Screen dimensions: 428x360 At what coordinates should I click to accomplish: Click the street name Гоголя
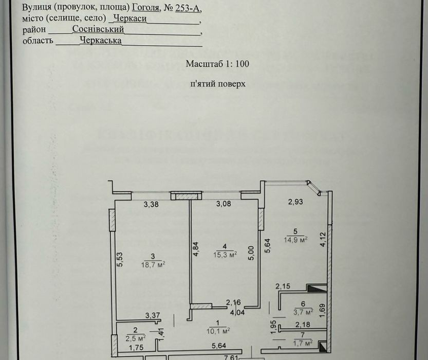tap(145, 8)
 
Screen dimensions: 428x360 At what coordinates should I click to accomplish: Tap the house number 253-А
tap(188, 8)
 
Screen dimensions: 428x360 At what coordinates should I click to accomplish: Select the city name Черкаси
tap(130, 19)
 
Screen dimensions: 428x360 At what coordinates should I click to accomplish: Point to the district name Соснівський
tap(98, 29)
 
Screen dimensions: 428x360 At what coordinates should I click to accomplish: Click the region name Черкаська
tap(101, 41)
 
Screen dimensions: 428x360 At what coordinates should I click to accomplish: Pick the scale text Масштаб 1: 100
tap(217, 64)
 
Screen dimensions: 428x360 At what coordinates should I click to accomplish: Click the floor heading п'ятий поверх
tap(218, 83)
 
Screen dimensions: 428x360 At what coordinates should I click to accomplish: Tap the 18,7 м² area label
tap(153, 264)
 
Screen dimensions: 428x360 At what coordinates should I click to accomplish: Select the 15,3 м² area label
tap(225, 255)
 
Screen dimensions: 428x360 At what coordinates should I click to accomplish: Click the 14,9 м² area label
tap(295, 240)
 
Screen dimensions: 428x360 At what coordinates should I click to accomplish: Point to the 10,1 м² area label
tap(218, 331)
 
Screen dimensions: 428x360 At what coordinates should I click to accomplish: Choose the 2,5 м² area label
tap(136, 338)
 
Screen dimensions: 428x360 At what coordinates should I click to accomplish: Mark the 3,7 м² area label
tap(303, 312)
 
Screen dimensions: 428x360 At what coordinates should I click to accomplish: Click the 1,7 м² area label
tap(303, 343)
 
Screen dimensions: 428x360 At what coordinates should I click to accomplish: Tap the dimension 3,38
tap(151, 204)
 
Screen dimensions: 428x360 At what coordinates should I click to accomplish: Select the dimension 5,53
tap(120, 259)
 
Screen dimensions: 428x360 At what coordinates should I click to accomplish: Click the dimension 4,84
tap(196, 249)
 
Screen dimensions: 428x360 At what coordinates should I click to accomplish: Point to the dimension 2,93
tap(295, 202)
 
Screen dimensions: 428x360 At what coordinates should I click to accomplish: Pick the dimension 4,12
tap(323, 239)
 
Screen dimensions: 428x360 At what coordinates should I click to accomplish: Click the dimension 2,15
tap(283, 286)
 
